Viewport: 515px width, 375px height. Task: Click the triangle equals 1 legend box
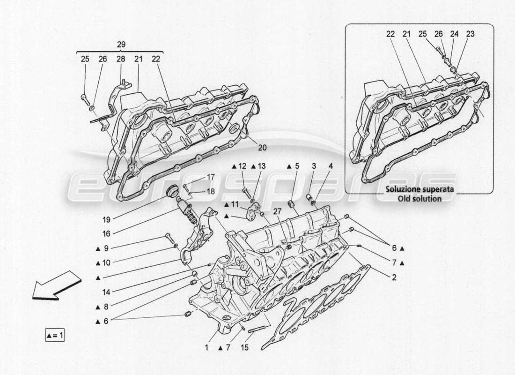56,335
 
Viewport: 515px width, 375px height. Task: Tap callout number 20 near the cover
262,147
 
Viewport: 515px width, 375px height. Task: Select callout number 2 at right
394,277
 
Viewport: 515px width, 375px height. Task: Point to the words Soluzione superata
419,190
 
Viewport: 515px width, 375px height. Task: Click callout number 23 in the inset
470,34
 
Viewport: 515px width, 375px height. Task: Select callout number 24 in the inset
454,34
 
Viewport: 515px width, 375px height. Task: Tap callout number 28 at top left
121,59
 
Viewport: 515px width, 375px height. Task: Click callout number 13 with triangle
261,166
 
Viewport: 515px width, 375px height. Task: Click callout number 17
210,177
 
